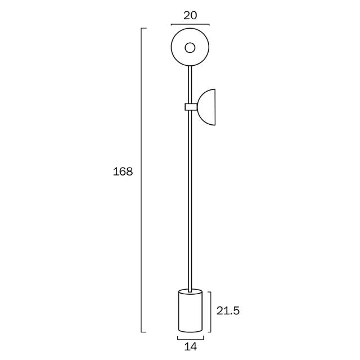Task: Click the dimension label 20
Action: (x=190, y=15)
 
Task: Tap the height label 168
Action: (x=123, y=172)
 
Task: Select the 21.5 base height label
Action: (x=228, y=311)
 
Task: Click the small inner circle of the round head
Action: (x=190, y=48)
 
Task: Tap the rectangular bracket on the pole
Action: (x=191, y=107)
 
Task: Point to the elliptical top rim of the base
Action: (x=190, y=291)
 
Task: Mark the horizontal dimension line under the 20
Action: (x=190, y=25)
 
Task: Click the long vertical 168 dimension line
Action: (x=141, y=180)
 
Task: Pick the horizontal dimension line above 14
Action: (x=190, y=339)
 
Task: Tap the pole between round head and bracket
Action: (x=191, y=84)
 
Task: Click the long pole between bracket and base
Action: (x=191, y=202)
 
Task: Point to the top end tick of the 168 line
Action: (x=145, y=28)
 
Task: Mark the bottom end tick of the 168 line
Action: (x=145, y=331)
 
